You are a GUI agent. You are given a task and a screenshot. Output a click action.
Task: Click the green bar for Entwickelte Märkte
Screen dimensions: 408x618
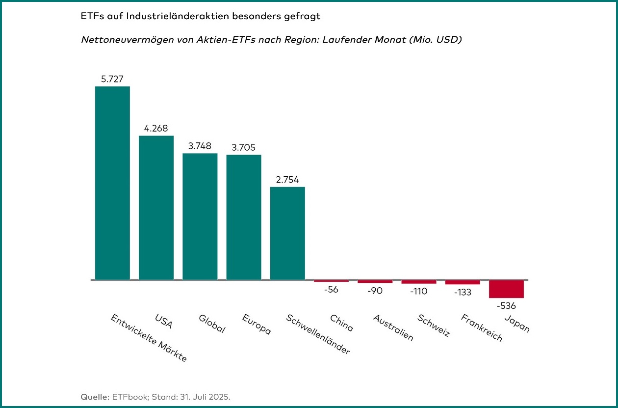point(112,183)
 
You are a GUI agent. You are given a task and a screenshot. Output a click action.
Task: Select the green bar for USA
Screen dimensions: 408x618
point(156,208)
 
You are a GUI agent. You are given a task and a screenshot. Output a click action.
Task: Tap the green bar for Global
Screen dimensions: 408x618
point(200,217)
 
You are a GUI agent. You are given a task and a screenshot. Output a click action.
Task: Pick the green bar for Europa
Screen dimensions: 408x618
point(243,218)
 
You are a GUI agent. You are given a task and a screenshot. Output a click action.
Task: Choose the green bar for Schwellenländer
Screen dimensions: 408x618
point(287,233)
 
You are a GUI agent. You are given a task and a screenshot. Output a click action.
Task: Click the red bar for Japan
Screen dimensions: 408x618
point(506,289)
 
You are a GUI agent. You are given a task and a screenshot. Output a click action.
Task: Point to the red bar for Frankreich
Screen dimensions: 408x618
point(463,282)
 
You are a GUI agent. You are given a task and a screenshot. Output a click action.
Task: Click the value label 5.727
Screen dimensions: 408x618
point(112,79)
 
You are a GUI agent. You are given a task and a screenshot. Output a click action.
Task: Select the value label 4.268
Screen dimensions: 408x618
point(156,128)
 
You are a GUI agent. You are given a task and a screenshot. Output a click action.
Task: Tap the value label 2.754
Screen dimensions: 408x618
point(287,179)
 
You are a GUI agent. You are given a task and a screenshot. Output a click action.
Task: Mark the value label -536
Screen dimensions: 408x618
point(506,306)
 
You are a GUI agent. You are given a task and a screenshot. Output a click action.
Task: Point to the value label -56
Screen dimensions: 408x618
point(331,290)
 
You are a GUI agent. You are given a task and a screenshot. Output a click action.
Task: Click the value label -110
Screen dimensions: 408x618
point(418,291)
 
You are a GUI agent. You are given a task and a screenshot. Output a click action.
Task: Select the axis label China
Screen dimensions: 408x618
point(341,323)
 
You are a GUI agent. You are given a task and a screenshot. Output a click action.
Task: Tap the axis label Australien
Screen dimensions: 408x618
point(393,327)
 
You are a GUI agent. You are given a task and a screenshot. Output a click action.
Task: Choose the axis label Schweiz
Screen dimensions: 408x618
point(434,325)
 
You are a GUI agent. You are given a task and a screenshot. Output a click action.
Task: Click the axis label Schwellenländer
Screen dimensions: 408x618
point(318,334)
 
